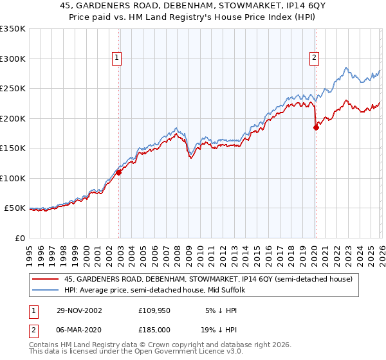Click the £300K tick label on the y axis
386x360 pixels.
click(12, 59)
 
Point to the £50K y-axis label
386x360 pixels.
click(14, 208)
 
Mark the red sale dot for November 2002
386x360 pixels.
click(119, 172)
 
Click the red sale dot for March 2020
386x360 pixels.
click(316, 127)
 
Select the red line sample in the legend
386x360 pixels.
click(46, 280)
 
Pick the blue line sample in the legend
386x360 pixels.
click(46, 291)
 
